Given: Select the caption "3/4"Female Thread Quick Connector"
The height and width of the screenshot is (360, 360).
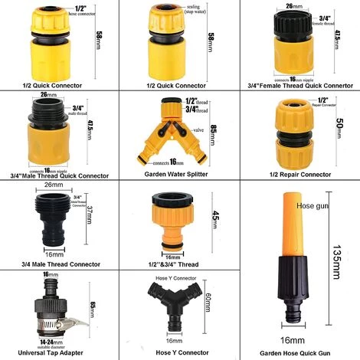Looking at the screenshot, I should (x=299, y=85).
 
